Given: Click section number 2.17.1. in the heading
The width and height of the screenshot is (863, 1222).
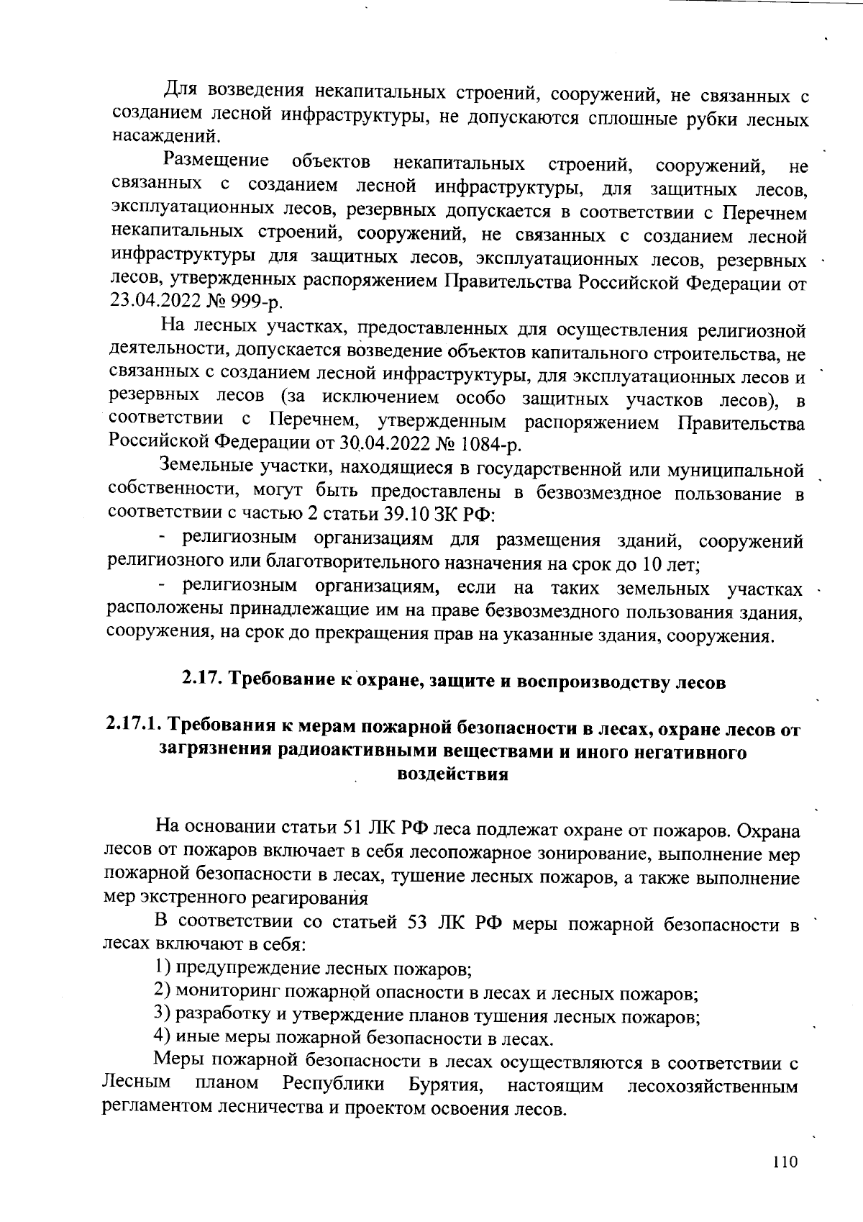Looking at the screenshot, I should point(134,729).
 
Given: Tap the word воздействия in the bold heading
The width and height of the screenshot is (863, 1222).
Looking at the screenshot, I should point(453,774).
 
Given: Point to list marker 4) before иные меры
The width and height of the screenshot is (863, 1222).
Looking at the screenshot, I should point(163,1038).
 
